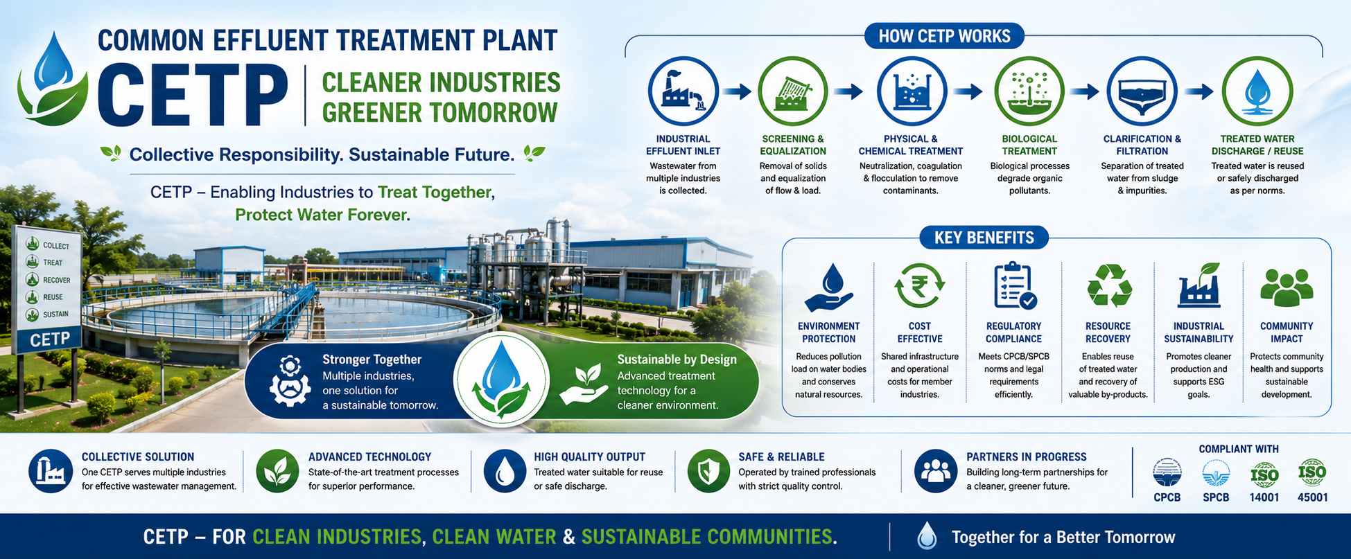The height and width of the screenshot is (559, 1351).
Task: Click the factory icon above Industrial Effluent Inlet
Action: (683, 91)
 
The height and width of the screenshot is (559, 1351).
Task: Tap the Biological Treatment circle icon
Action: (1029, 91)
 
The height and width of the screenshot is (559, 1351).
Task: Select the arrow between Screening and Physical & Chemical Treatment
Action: (848, 91)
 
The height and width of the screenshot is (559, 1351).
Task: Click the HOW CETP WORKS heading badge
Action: (944, 36)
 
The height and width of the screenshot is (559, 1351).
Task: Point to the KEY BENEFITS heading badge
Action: (984, 238)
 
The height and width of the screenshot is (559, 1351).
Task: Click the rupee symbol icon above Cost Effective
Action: (919, 285)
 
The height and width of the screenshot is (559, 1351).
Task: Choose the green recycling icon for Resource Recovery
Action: (1109, 285)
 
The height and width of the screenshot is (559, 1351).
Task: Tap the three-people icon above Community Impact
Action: (1287, 287)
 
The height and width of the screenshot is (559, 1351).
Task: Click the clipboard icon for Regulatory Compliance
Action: (1015, 285)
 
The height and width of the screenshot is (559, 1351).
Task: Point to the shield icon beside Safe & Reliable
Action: (708, 471)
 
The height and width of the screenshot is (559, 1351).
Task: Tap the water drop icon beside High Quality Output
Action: (505, 471)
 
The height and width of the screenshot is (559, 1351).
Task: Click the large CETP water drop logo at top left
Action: (53, 80)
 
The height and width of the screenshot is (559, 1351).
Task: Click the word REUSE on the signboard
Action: (53, 297)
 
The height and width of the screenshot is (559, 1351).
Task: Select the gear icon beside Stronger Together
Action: (289, 381)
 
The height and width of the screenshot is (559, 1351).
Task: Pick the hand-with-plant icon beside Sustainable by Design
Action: (584, 384)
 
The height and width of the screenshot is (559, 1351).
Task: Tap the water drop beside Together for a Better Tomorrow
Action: (927, 536)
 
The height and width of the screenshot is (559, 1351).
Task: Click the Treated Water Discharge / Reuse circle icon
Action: (1257, 91)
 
